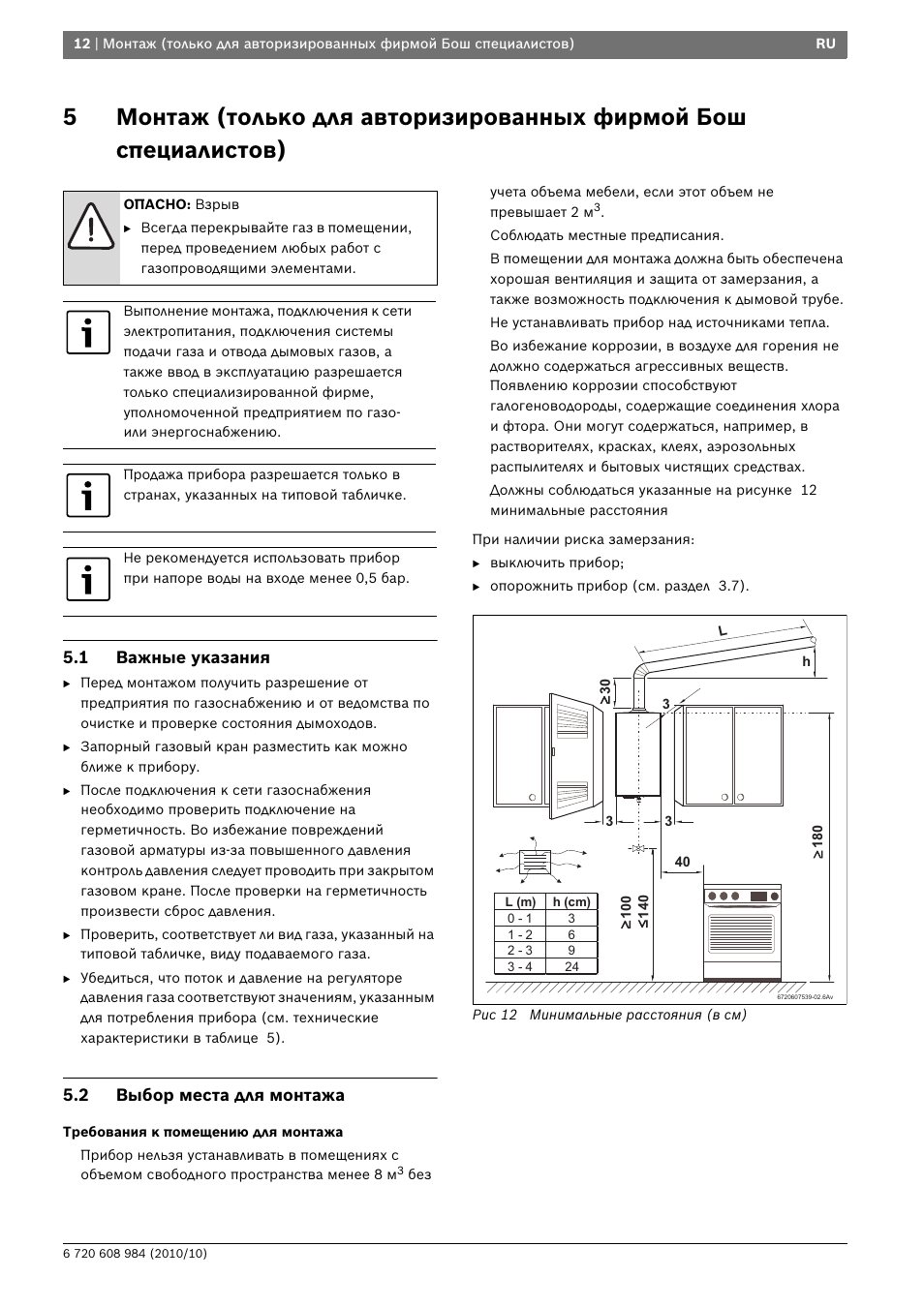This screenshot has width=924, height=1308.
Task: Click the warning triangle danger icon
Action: tap(91, 225)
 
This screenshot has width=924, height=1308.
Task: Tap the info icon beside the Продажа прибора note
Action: tap(88, 495)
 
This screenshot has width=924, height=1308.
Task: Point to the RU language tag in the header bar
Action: tap(824, 45)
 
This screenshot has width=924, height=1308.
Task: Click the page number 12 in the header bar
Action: tap(82, 45)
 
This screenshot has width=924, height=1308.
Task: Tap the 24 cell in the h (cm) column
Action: tap(571, 966)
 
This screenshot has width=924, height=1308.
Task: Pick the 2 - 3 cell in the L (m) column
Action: tap(519, 950)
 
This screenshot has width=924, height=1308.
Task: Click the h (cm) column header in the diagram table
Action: tap(571, 901)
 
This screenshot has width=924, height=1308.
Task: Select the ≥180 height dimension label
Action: tap(816, 842)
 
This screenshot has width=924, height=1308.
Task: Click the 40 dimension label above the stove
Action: tap(682, 862)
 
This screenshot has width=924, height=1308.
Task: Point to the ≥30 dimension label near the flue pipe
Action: tap(606, 691)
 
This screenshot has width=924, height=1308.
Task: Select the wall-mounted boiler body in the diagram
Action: tap(638, 753)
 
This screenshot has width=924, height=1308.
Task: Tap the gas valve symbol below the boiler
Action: tap(638, 849)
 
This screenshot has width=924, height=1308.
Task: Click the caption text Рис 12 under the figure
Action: tap(495, 1015)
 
